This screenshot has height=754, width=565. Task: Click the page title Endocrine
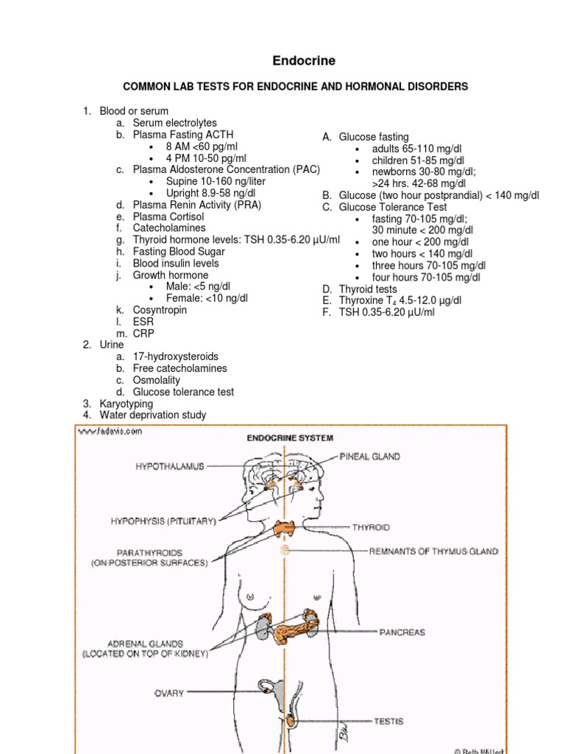click(282, 60)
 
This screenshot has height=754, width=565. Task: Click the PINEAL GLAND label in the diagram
click(370, 457)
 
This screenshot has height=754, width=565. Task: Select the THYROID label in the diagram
click(371, 527)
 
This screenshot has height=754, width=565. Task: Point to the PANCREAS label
click(402, 632)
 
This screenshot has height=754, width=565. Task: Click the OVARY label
click(169, 693)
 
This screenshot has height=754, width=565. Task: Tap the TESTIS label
click(388, 722)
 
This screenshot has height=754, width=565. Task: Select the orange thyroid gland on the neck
click(282, 528)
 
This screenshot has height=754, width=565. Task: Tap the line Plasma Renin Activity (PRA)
click(196, 205)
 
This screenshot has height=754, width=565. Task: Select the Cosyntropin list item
click(160, 310)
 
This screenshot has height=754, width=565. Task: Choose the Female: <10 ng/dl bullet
click(207, 298)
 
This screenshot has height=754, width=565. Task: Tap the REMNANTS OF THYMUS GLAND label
click(433, 551)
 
